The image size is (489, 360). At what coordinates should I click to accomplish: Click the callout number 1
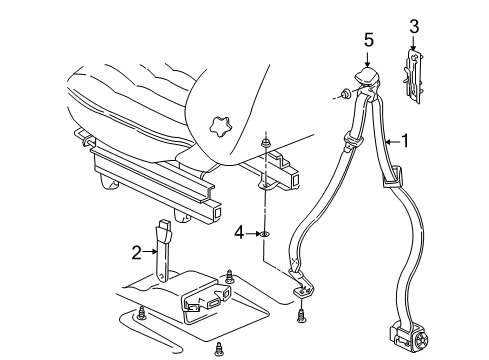point(407,142)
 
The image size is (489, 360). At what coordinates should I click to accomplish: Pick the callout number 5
point(367,41)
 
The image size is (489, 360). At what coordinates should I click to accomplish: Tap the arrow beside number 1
point(391,142)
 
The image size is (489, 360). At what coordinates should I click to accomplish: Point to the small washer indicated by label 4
point(266,235)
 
